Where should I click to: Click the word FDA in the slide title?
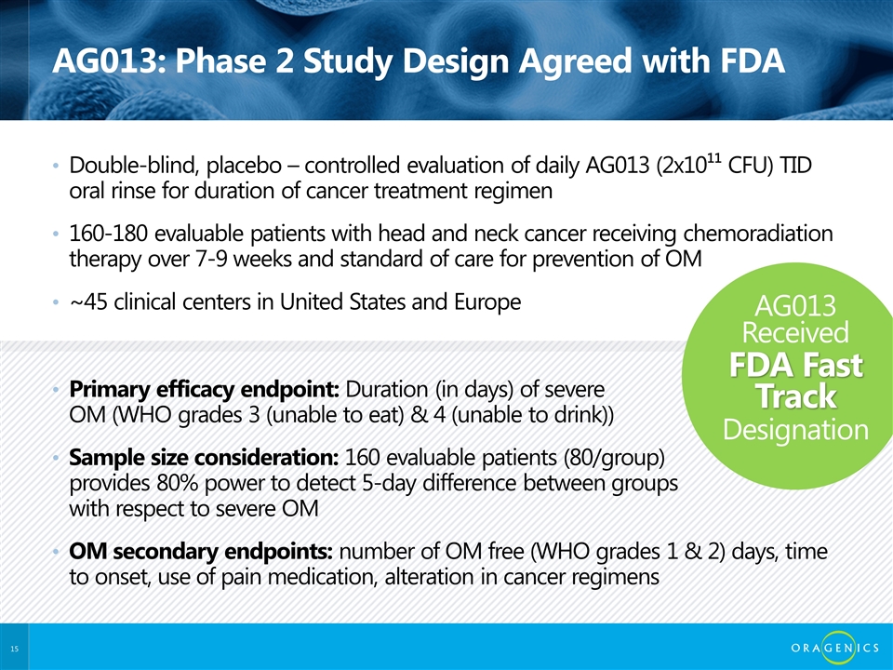[x=753, y=61]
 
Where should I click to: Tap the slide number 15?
[x=14, y=649]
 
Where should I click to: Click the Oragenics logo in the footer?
[x=835, y=648]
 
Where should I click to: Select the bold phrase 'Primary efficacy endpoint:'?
[x=205, y=390]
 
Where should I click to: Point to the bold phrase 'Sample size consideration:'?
[x=204, y=458]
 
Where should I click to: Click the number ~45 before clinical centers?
[x=88, y=301]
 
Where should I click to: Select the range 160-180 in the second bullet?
[x=108, y=234]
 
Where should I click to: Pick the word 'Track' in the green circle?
[x=796, y=396]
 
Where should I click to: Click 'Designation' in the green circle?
[x=795, y=430]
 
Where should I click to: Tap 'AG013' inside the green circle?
[x=795, y=306]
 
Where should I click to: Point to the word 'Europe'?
[x=487, y=301]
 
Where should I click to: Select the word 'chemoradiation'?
[x=758, y=234]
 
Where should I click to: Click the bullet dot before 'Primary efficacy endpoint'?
[x=55, y=390]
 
